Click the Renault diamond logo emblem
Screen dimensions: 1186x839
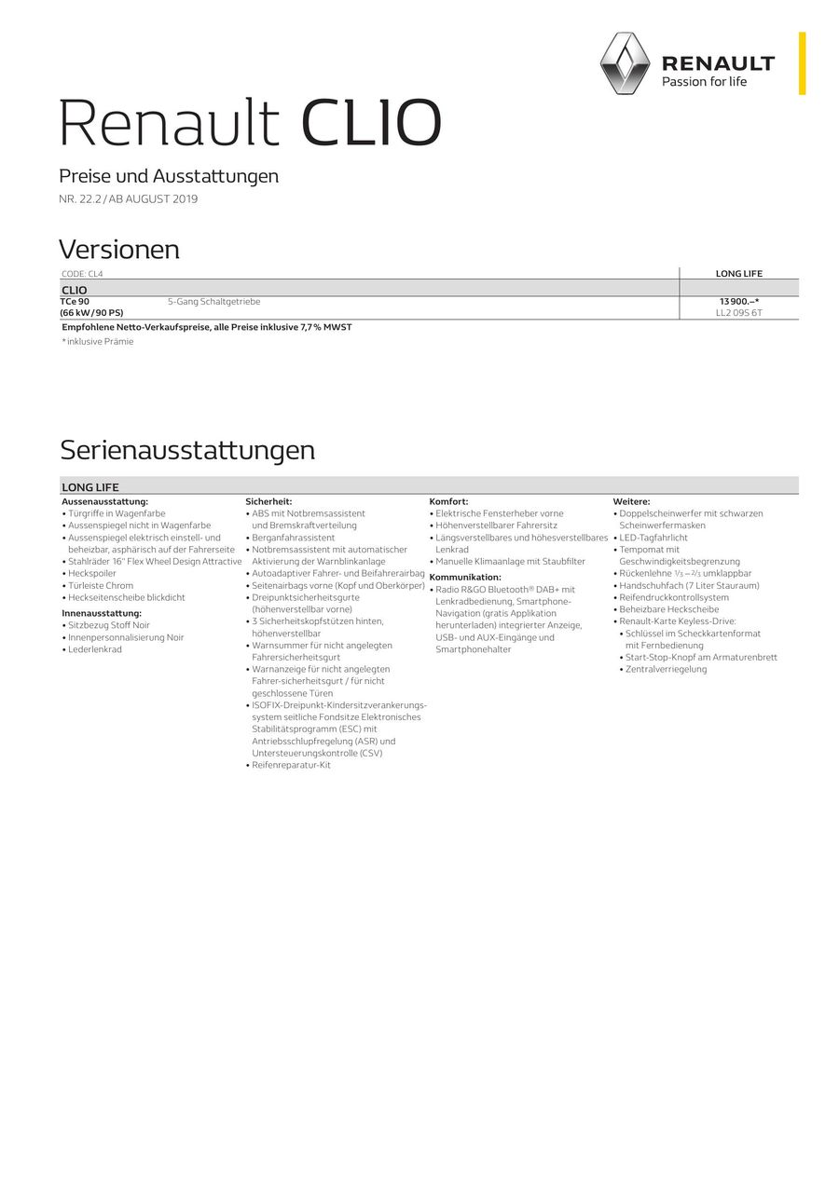[625, 62]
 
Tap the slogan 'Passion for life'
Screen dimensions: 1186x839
[704, 82]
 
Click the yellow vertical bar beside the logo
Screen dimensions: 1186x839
[802, 62]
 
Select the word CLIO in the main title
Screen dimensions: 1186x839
[371, 124]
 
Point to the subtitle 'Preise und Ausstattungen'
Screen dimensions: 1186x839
[169, 176]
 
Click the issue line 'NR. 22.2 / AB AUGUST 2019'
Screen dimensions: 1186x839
[129, 198]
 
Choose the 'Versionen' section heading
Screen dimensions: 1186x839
[119, 250]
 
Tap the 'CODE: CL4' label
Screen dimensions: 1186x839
[82, 274]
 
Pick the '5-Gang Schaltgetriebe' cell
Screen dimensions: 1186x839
[214, 302]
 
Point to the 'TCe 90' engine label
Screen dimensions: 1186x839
[76, 302]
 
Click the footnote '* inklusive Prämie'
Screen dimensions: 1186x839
[98, 342]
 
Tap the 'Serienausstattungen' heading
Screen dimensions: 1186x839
[187, 450]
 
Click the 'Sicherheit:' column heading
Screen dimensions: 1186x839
[268, 501]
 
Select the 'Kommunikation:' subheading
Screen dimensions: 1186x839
[465, 578]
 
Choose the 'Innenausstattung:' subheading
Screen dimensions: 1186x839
[102, 613]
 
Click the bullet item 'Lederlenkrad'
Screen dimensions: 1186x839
[95, 649]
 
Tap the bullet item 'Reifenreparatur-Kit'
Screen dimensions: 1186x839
[291, 765]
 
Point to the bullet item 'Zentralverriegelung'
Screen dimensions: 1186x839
[666, 669]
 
